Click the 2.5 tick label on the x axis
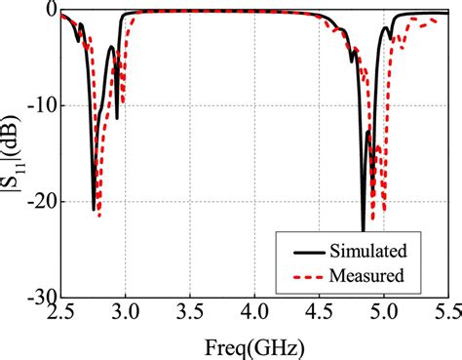60,313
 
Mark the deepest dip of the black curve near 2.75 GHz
95,209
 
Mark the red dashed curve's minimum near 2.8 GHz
99,216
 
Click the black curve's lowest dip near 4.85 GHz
363,229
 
